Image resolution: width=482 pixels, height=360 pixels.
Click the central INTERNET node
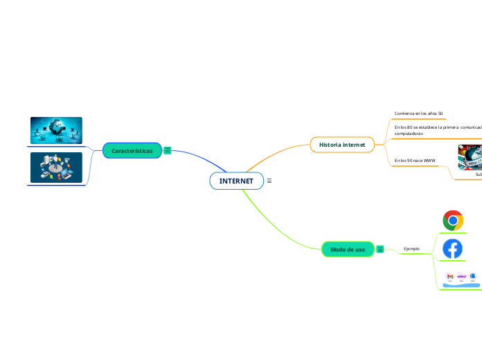236,181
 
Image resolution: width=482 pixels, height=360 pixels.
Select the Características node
132,150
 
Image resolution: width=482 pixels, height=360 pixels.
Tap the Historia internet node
342,144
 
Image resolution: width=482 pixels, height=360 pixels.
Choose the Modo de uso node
348,249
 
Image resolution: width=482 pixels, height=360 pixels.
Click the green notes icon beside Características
168,150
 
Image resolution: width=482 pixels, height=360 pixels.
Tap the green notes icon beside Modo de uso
380,249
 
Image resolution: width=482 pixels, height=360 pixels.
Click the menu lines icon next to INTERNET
269,181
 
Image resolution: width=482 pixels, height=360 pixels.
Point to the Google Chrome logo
453,221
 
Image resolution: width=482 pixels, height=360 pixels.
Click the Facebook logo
453,249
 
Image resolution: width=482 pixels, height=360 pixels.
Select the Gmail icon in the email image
450,277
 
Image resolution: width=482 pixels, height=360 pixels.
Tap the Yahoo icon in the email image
462,276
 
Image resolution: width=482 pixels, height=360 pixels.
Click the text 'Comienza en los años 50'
418,113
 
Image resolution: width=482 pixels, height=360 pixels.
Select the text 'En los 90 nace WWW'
415,160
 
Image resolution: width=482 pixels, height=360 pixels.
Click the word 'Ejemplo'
411,249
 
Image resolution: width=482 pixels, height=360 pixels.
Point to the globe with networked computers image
56,130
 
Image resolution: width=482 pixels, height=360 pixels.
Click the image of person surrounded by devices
56,168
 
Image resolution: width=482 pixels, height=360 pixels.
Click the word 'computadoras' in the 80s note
409,134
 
